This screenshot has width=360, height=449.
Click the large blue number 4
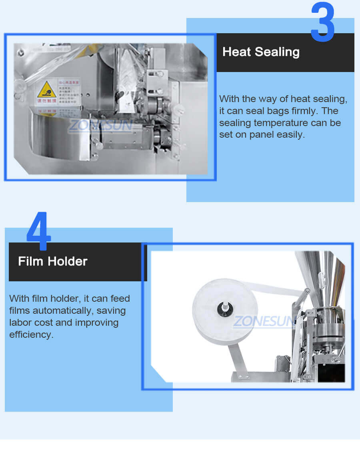coord(39,231)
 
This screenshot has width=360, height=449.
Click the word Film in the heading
coord(30,261)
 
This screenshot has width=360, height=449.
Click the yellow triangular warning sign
coord(46,90)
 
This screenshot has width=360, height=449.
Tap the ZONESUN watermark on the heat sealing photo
coord(100,126)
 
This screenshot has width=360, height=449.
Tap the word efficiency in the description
coord(31,335)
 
